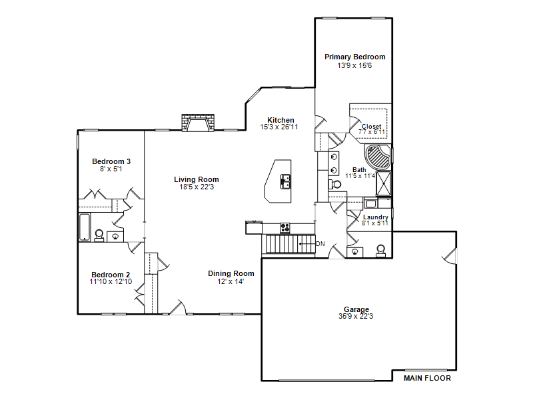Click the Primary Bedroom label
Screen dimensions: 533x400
click(355, 57)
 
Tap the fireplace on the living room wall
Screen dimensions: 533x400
click(198, 123)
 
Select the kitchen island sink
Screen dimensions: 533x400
click(285, 181)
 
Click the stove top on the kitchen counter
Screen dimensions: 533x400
click(285, 227)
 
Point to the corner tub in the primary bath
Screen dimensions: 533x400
click(378, 157)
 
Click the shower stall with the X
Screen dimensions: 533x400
click(384, 183)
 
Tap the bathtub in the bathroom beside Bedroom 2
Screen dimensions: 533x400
click(85, 227)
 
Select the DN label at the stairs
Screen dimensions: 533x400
click(320, 244)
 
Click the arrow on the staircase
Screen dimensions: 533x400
click(307, 244)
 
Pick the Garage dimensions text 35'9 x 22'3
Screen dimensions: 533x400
click(356, 316)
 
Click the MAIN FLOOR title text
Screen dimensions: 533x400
click(427, 378)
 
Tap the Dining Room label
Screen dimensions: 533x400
click(231, 273)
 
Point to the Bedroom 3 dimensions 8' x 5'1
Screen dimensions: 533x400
click(111, 169)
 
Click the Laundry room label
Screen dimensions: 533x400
click(376, 217)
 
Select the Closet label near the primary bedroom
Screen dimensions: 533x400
click(371, 126)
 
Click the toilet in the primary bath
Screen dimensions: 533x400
click(335, 185)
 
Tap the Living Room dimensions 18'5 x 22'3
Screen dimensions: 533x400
click(197, 187)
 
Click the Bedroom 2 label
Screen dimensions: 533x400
click(111, 275)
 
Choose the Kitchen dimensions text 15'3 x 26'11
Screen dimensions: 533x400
click(279, 127)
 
